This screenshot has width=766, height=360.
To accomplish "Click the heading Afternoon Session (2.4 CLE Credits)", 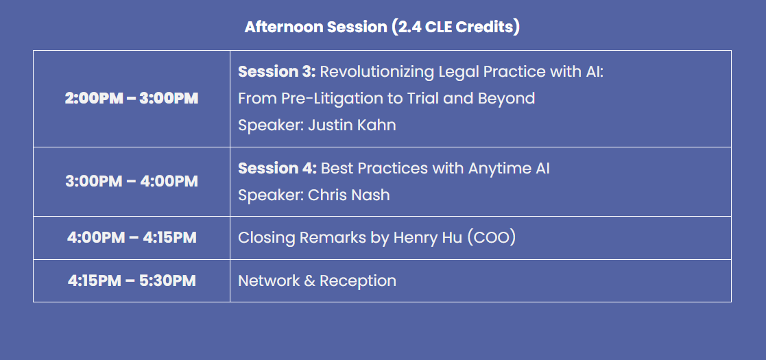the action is point(382,27).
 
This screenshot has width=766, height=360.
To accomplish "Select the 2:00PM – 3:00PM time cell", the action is point(132,99).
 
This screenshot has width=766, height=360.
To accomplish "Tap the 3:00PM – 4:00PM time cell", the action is point(132,182).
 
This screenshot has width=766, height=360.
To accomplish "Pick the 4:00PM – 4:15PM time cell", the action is point(132,238).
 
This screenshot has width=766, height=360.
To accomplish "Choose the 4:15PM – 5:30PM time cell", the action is point(132,281).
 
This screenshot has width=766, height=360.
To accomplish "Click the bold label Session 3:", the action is point(276,72).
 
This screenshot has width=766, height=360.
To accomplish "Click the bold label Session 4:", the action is point(277,169).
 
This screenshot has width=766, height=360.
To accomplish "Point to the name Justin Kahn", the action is point(352,125).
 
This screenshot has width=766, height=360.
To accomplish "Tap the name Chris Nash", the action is point(349,195).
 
